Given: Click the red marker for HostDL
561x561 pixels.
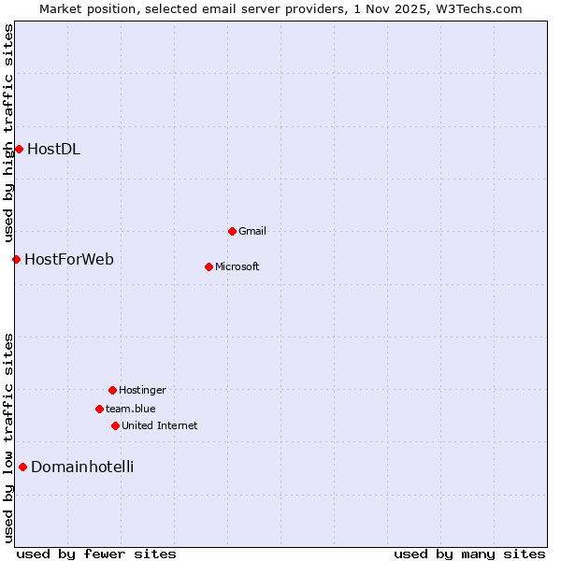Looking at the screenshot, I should tap(19, 149).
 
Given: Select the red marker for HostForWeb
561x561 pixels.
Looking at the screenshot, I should tap(16, 259).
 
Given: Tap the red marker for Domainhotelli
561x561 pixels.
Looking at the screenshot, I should tap(22, 467).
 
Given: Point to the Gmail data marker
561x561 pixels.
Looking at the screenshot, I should tap(232, 231).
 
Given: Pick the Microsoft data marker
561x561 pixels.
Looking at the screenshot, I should tap(209, 266).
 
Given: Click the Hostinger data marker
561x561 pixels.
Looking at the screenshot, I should tap(112, 390).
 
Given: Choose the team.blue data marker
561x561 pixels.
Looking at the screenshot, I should tap(99, 409).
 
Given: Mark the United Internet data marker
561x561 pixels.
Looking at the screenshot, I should tap(115, 425).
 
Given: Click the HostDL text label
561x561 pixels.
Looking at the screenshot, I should tap(53, 149).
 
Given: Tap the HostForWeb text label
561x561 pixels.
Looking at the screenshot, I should tap(69, 259).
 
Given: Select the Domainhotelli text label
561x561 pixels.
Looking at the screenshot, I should tap(82, 467).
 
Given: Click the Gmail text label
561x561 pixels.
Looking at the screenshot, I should tap(252, 231).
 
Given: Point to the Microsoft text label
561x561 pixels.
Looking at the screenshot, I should tap(237, 266).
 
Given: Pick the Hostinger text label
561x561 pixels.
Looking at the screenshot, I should tap(142, 390).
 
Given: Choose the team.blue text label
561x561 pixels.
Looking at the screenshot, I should tap(131, 409).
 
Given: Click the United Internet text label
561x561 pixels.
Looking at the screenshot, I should tap(160, 425).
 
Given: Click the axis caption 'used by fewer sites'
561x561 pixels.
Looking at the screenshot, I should tap(96, 554).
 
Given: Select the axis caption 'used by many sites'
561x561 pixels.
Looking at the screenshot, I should tap(469, 554).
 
